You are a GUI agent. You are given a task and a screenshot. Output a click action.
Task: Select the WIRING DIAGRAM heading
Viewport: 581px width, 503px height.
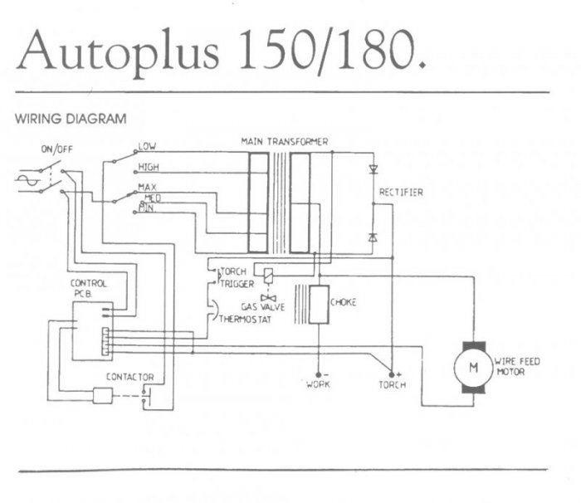coord(71,118)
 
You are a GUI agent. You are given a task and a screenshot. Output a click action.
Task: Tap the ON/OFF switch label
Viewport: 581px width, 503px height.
coord(56,150)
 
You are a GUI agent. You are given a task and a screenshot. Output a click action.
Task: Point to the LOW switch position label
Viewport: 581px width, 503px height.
coord(147,146)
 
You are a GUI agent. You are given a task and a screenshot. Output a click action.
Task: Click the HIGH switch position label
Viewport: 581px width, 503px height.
coord(149,166)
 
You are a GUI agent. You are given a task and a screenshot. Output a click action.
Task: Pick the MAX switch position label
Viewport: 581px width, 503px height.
coord(148,186)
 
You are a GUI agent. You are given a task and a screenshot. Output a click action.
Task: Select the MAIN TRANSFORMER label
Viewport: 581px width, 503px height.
coord(285,142)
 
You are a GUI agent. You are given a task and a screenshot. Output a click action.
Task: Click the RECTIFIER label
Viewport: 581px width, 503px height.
coord(401,193)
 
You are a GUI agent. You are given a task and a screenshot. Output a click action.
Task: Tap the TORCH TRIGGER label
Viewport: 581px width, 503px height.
coord(236,277)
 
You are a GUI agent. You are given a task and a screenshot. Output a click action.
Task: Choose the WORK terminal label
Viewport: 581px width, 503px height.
coord(319,385)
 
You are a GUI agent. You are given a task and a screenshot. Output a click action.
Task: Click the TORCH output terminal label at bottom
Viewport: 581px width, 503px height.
coord(391,385)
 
